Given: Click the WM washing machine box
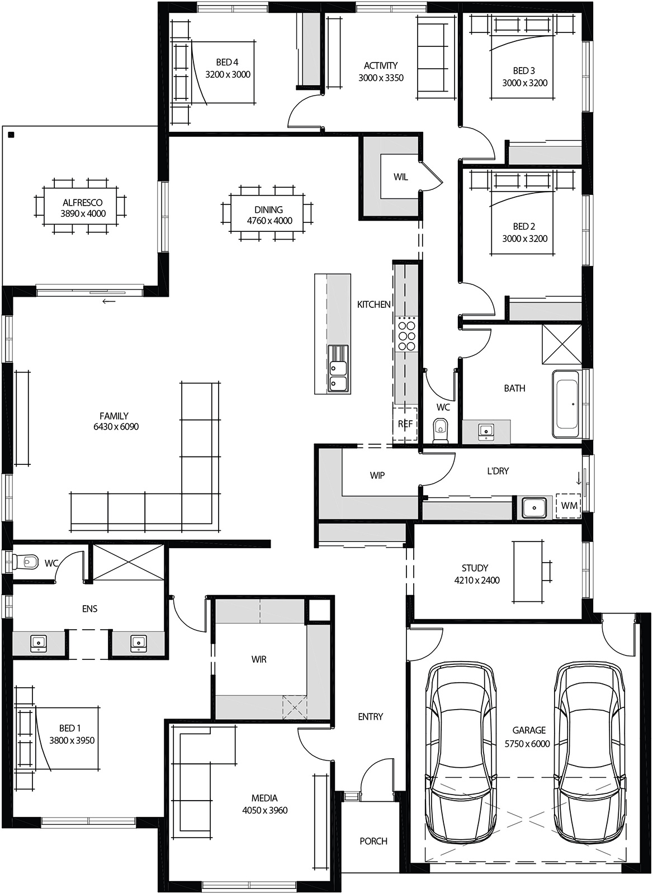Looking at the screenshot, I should click(569, 506).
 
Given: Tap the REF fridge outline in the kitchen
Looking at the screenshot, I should click(405, 424).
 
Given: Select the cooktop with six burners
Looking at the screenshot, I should click(406, 334).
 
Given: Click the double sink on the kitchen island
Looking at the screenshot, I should click(338, 375).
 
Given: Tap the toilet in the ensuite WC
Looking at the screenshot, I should click(26, 560).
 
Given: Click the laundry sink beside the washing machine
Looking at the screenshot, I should click(534, 507).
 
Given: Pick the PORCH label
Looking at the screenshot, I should click(373, 841).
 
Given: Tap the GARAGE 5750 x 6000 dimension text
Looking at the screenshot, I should click(527, 744).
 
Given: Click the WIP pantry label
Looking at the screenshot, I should click(377, 475).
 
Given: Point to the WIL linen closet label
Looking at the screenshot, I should click(400, 177).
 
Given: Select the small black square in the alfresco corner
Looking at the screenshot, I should click(11, 135).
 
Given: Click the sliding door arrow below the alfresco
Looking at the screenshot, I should click(109, 302).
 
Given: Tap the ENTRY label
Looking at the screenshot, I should click(371, 716).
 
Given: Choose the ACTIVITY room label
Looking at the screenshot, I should click(381, 65).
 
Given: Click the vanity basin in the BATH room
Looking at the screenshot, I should click(486, 430).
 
